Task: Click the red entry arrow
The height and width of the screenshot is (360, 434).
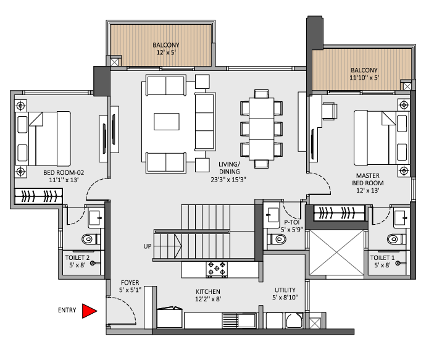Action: pos(90,311)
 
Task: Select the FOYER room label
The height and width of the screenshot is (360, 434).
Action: pos(129,282)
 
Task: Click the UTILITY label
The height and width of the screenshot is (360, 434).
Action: pos(285,290)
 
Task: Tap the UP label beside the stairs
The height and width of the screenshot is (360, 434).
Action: pos(148,246)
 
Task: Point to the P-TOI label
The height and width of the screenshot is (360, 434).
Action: pos(292,222)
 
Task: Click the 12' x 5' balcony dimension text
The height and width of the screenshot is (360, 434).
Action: pos(165,53)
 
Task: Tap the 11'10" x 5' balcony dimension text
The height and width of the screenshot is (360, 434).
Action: pos(364,78)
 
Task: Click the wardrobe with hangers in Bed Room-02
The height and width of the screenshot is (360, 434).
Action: pos(39,196)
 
